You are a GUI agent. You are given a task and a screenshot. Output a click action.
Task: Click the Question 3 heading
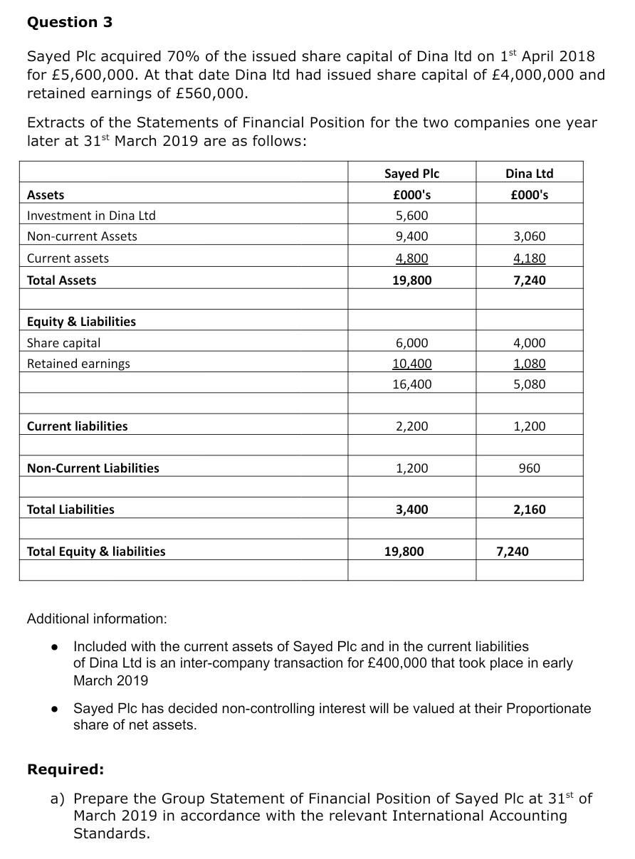click(x=70, y=22)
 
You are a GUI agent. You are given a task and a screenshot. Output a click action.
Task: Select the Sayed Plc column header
click(x=411, y=174)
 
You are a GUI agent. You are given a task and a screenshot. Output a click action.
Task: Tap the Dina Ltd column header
click(x=529, y=174)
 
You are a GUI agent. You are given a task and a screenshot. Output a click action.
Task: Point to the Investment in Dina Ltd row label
click(x=91, y=216)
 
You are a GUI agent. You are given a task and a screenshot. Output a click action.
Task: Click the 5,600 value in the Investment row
click(x=411, y=216)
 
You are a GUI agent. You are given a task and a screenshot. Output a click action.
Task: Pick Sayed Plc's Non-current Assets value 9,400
click(x=411, y=236)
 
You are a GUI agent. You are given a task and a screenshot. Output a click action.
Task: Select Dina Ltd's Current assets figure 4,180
click(x=529, y=258)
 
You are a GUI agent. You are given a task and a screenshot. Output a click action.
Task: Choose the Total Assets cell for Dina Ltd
click(x=529, y=280)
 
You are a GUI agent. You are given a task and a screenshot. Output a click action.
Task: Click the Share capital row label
click(x=63, y=343)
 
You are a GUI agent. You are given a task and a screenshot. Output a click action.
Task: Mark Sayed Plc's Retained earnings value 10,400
click(x=411, y=364)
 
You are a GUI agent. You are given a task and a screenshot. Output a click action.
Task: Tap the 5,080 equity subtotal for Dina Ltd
click(x=529, y=384)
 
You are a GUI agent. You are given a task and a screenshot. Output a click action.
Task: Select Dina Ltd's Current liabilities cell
click(x=529, y=426)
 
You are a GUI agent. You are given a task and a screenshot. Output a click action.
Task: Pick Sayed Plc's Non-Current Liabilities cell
click(x=411, y=468)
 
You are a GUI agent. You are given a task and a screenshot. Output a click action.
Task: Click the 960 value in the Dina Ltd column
click(x=529, y=468)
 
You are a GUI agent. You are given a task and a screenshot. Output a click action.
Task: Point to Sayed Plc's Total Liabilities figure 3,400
click(x=411, y=510)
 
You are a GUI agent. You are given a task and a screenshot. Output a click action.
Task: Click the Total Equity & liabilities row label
click(x=96, y=552)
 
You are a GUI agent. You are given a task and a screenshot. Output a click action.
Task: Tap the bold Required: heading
click(x=65, y=769)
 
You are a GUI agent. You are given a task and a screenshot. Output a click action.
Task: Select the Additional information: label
click(x=97, y=618)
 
